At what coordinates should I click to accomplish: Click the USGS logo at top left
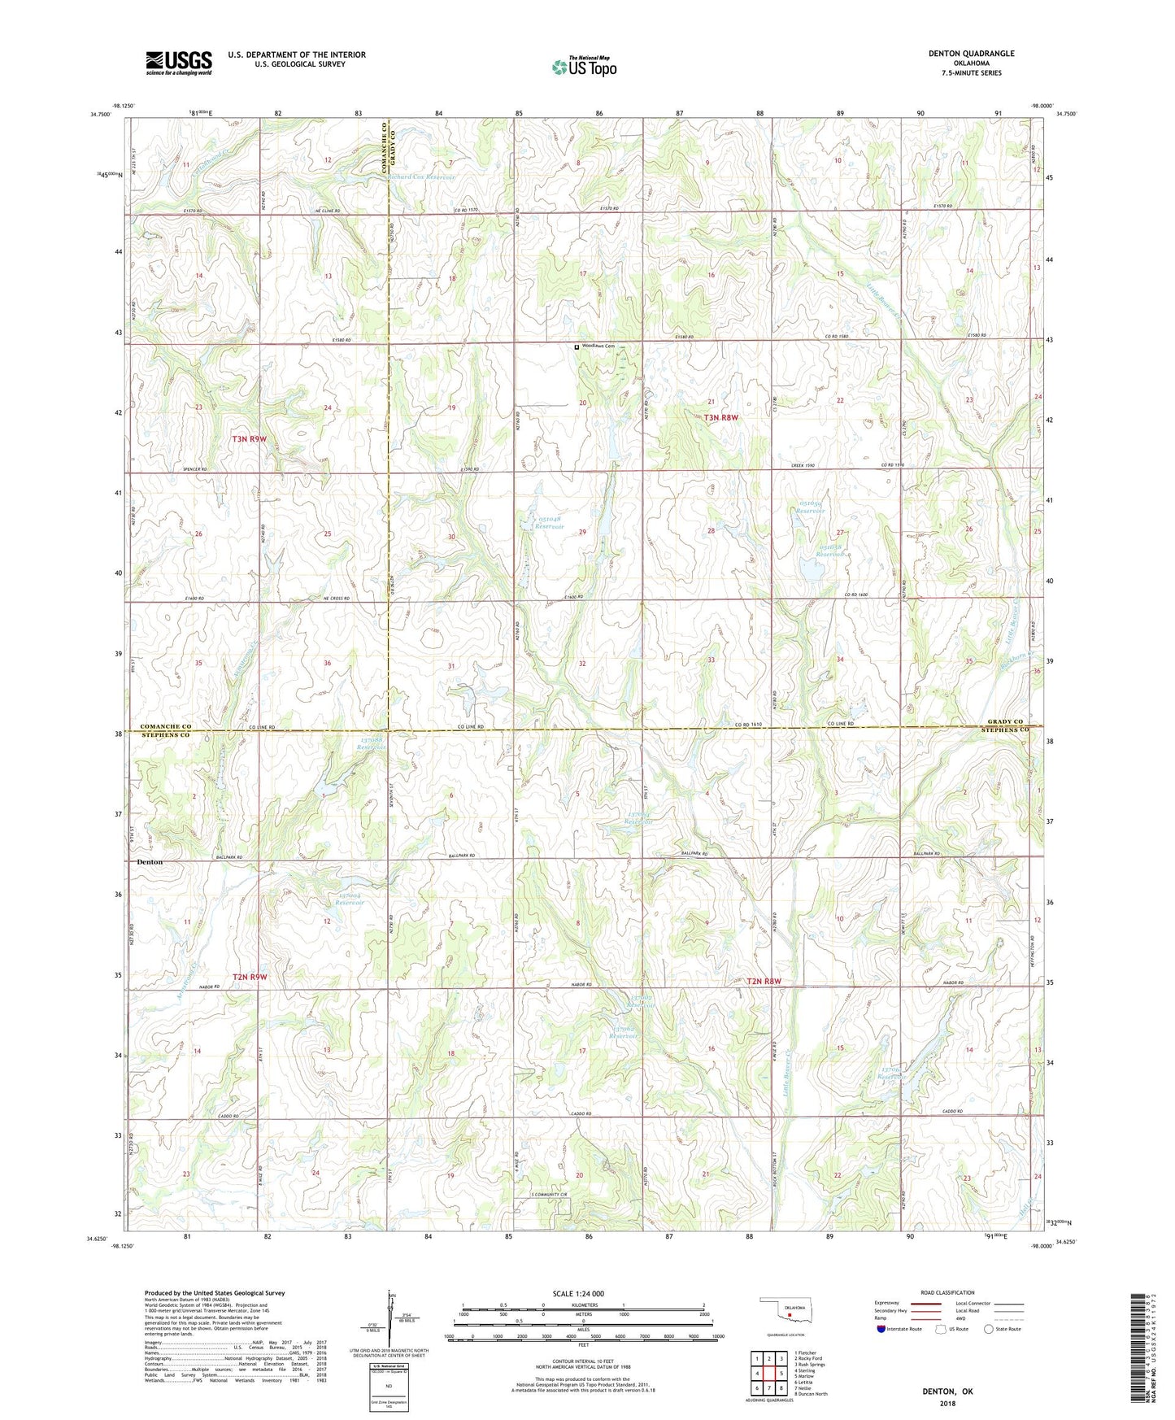click(179, 62)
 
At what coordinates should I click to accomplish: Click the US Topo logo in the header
click(584, 67)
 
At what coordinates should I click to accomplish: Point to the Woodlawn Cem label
click(597, 346)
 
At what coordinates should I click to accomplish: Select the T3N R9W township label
click(250, 439)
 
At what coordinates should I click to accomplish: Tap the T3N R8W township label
click(721, 417)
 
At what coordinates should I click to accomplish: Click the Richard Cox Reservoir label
click(421, 176)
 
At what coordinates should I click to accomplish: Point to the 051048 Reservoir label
click(549, 522)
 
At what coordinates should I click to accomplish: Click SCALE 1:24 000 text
click(578, 1293)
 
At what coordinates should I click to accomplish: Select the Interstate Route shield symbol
click(882, 1329)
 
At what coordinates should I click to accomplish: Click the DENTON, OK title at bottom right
click(947, 1392)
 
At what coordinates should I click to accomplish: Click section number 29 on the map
click(582, 532)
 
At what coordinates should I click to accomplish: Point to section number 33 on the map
click(711, 660)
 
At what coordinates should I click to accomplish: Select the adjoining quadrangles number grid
click(768, 1375)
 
